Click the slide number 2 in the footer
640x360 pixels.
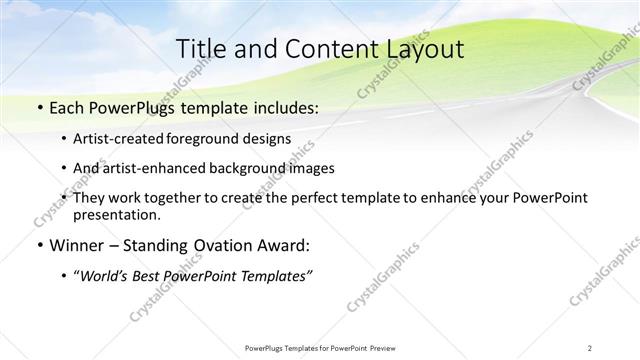click(590, 348)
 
